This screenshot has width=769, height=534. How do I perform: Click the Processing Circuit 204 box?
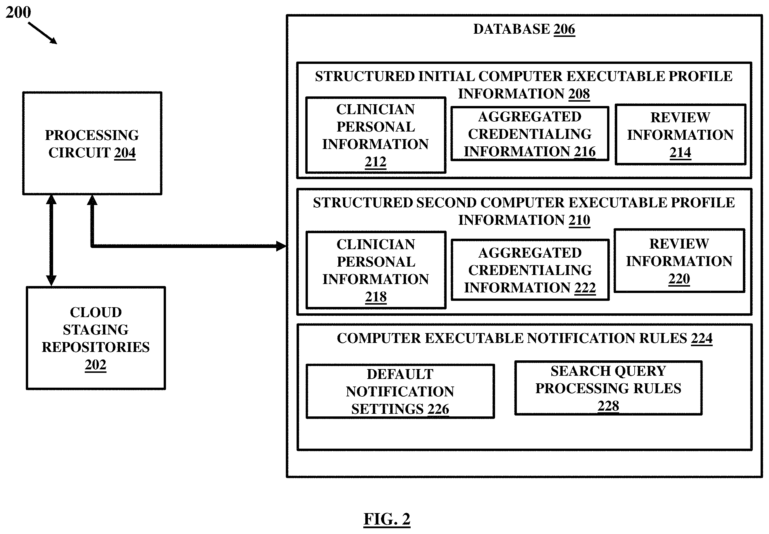tap(92, 143)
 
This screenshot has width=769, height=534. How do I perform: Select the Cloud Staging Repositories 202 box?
tap(96, 338)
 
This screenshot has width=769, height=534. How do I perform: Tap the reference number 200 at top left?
tap(18, 12)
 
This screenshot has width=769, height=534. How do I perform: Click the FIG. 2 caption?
tap(387, 519)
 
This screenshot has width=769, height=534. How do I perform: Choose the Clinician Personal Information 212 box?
tap(376, 135)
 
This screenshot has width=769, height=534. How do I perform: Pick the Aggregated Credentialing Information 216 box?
tap(530, 134)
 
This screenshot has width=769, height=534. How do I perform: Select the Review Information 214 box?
tap(680, 134)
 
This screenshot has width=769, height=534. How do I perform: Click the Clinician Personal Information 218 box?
tap(376, 270)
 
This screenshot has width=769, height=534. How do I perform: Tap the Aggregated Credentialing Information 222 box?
tap(530, 270)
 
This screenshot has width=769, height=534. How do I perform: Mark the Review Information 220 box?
tap(679, 261)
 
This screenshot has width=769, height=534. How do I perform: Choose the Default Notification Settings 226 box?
tap(400, 391)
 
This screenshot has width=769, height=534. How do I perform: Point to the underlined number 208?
tap(579, 94)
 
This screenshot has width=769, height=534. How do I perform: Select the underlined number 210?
tap(580, 220)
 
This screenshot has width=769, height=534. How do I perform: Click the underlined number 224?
tap(702, 338)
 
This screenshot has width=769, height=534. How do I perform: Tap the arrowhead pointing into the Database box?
tap(281, 246)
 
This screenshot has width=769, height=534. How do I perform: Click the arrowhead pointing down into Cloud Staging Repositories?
tap(51, 281)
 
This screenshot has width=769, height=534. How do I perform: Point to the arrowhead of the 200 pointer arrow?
tap(53, 41)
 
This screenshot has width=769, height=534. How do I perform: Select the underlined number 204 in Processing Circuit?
tap(125, 153)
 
